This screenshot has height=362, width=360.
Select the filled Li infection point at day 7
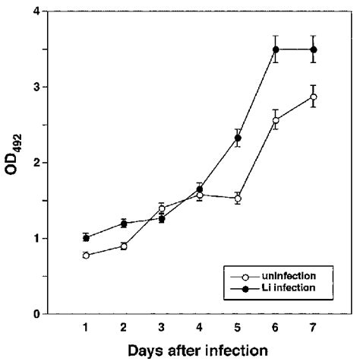pos(313,49)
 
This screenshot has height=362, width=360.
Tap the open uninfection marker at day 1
pos(86,256)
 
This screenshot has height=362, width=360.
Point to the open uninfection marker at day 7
pos(313,97)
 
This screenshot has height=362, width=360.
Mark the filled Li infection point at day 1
pos(86,238)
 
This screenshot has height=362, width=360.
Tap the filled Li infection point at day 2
pos(124,224)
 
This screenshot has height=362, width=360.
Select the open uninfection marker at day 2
pos(124,246)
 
